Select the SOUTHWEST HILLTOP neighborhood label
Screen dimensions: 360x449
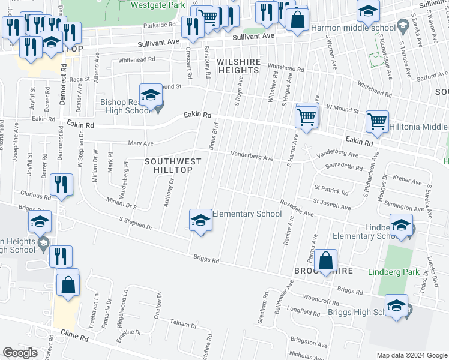click(x=169, y=166)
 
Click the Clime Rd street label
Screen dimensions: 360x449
click(x=75, y=338)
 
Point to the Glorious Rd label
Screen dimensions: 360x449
click(x=34, y=196)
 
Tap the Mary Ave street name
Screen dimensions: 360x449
click(x=141, y=143)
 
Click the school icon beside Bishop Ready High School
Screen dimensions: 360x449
click(x=151, y=95)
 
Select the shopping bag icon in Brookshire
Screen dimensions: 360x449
click(x=325, y=261)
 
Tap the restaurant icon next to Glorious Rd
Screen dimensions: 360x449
click(x=62, y=184)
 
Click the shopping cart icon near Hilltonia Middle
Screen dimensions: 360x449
click(x=377, y=122)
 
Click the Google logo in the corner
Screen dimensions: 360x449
click(x=20, y=353)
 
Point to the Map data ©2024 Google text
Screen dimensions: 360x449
click(x=411, y=355)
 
